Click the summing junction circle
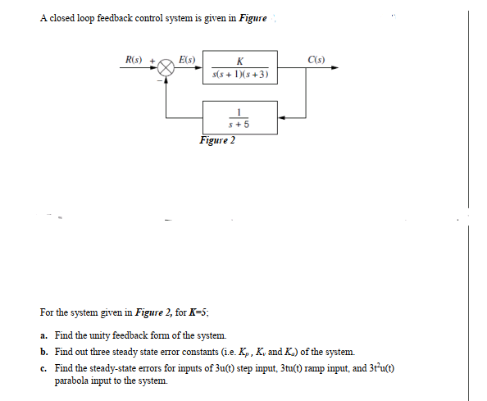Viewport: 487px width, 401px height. [x=166, y=69]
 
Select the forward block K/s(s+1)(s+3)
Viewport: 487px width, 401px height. [x=240, y=69]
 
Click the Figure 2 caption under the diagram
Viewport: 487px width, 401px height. [x=217, y=140]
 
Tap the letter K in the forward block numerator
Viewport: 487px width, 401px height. [x=239, y=62]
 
